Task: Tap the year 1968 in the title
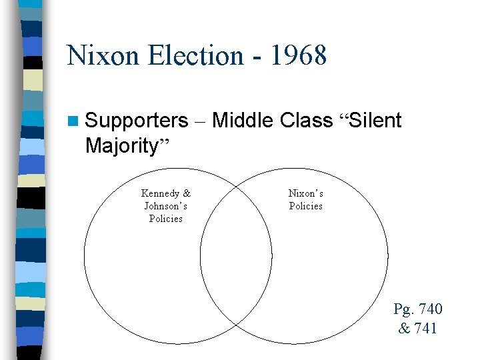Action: point(299,55)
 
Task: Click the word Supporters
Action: point(137,121)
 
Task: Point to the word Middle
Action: point(243,121)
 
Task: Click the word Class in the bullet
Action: point(307,121)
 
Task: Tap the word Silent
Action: point(376,121)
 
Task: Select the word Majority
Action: point(121,145)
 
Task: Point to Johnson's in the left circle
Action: point(166,206)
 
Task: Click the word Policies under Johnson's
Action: point(166,219)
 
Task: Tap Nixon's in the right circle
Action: point(306,193)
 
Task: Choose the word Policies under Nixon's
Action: point(306,206)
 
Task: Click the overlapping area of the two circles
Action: point(236,260)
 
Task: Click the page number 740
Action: point(429,309)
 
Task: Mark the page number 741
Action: point(425,327)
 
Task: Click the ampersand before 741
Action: point(404,327)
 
